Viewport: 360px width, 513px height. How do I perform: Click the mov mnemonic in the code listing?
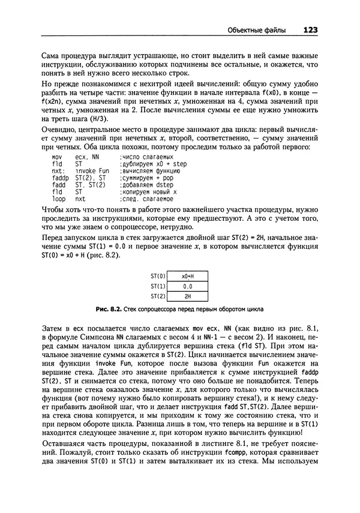click(x=58, y=156)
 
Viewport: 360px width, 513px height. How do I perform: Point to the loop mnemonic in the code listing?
click(x=59, y=198)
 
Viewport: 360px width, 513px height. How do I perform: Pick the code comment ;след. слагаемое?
click(x=146, y=198)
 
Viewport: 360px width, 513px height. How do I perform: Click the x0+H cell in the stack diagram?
click(x=187, y=276)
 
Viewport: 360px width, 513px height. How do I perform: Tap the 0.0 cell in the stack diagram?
click(x=187, y=286)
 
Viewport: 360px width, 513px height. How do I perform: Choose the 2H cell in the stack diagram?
click(x=187, y=296)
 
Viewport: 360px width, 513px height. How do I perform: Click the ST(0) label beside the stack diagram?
click(x=158, y=276)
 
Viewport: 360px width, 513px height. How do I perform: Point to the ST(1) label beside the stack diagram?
click(x=158, y=286)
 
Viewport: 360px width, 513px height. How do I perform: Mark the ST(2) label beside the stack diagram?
click(x=158, y=296)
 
